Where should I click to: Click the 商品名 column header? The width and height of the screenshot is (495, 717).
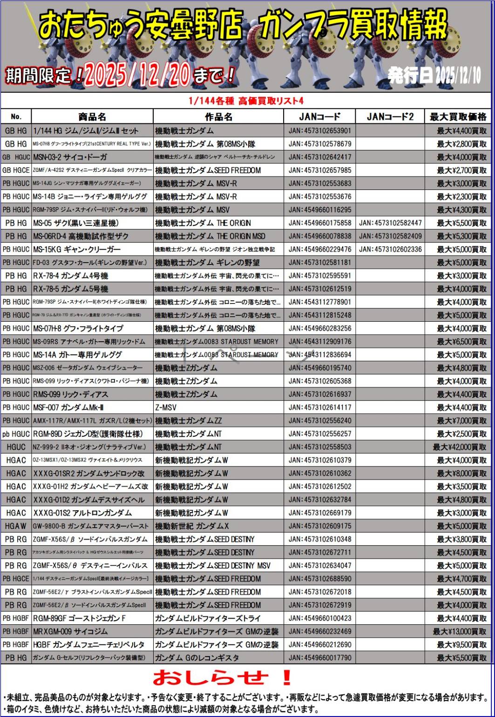tap(92, 117)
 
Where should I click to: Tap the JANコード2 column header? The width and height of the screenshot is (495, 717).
tap(390, 117)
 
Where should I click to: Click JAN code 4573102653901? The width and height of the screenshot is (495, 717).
tap(320, 131)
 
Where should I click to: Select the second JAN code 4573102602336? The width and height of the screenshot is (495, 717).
tap(390, 250)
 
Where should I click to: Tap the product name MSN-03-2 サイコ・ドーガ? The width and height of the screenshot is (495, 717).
tap(70, 157)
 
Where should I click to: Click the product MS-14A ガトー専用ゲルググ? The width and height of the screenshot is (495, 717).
tap(77, 355)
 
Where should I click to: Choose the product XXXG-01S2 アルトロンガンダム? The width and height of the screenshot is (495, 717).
tap(82, 513)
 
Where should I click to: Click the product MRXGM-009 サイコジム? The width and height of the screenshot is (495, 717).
tap(70, 632)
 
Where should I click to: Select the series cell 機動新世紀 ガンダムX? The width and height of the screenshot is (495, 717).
tap(192, 526)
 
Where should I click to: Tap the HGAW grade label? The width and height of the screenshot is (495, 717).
tap(16, 526)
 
